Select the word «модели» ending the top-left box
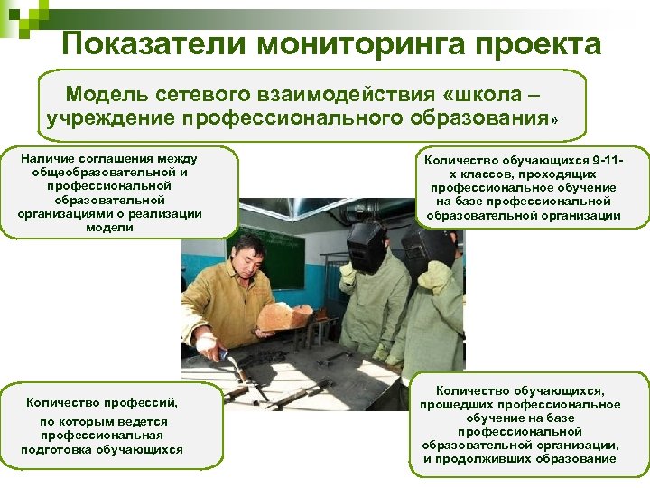pyautogui.click(x=109, y=228)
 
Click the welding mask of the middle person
pyautogui.click(x=367, y=244)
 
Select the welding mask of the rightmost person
pyautogui.click(x=425, y=248)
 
